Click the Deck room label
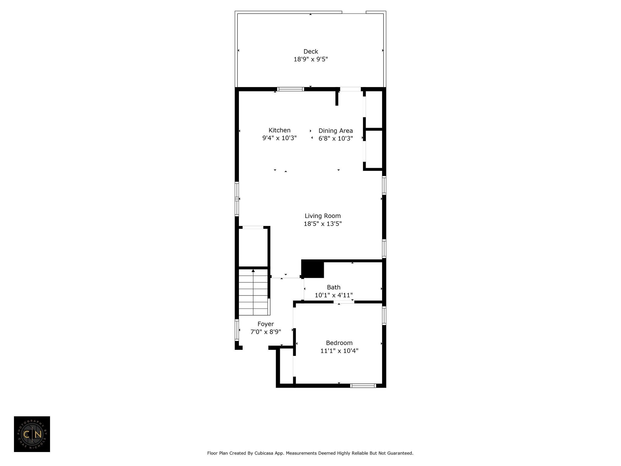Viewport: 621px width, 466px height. pyautogui.click(x=311, y=52)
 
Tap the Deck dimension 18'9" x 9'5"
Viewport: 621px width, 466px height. pyautogui.click(x=311, y=59)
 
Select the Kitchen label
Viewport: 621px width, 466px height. pyautogui.click(x=280, y=130)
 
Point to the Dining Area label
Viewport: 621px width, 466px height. pyautogui.click(x=336, y=131)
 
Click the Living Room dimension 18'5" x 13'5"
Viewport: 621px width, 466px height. pyautogui.click(x=323, y=224)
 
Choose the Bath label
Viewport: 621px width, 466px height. pyautogui.click(x=334, y=287)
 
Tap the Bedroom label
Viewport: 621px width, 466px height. pyautogui.click(x=339, y=343)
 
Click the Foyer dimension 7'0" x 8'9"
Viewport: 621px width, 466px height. pyautogui.click(x=266, y=332)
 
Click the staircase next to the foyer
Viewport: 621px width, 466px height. pyautogui.click(x=253, y=292)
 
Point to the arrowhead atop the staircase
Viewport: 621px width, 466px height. pyautogui.click(x=253, y=270)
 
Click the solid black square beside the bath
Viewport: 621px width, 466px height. pyautogui.click(x=313, y=268)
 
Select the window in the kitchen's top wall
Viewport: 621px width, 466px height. pyautogui.click(x=290, y=89)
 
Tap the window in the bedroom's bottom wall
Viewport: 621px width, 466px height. pyautogui.click(x=363, y=386)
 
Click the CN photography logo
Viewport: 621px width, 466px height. pyautogui.click(x=32, y=434)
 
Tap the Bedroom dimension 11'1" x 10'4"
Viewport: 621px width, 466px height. pyautogui.click(x=339, y=351)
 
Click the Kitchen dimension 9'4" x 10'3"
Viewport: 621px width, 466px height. pyautogui.click(x=280, y=138)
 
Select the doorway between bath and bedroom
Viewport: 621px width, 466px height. pyautogui.click(x=344, y=302)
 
